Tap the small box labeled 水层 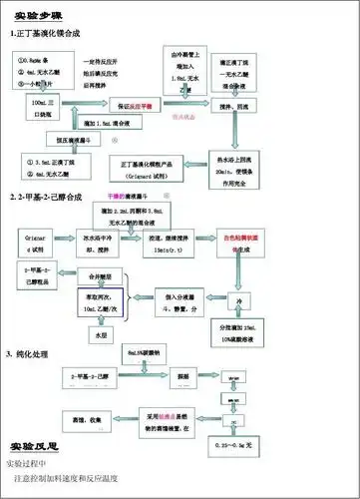pos(99,337)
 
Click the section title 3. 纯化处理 pos(37,355)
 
